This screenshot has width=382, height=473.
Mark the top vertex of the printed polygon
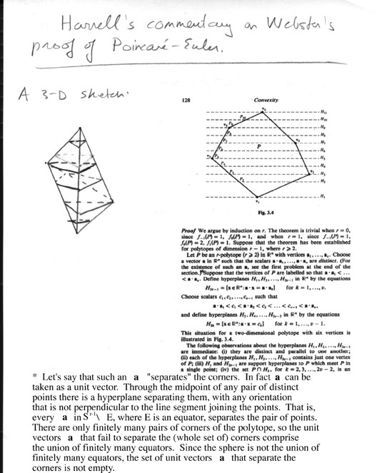[263, 111]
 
